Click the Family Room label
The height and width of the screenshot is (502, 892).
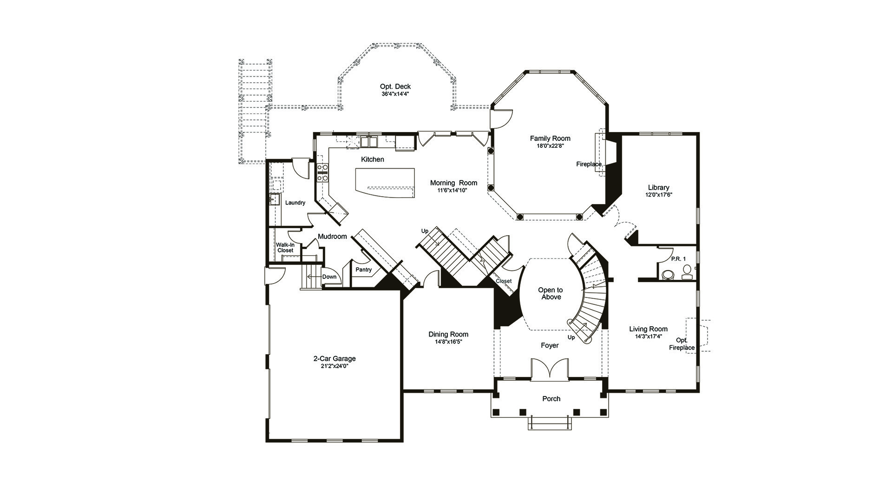click(x=550, y=138)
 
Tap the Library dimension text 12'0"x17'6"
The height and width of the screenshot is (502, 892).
click(x=659, y=195)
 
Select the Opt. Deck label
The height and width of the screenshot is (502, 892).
click(x=395, y=86)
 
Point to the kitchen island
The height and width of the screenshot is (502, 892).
click(x=385, y=183)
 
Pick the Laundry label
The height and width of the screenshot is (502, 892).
click(x=295, y=203)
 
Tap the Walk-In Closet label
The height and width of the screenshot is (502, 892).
click(x=285, y=248)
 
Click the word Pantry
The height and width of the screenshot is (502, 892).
click(x=363, y=270)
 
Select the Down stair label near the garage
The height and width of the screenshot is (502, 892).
click(x=329, y=277)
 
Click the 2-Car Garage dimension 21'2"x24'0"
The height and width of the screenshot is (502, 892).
click(x=334, y=366)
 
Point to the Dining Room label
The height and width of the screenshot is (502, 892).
click(x=448, y=334)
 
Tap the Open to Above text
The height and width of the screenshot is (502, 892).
click(x=551, y=293)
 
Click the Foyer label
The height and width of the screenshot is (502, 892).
click(x=550, y=345)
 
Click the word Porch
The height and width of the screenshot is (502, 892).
click(x=551, y=399)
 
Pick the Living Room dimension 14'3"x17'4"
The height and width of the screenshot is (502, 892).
click(x=648, y=336)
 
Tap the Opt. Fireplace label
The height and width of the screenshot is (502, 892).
click(x=682, y=344)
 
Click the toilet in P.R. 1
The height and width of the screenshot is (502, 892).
click(x=668, y=275)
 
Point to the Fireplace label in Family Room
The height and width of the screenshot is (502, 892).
click(x=589, y=164)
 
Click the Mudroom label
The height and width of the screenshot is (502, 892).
click(x=332, y=237)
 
